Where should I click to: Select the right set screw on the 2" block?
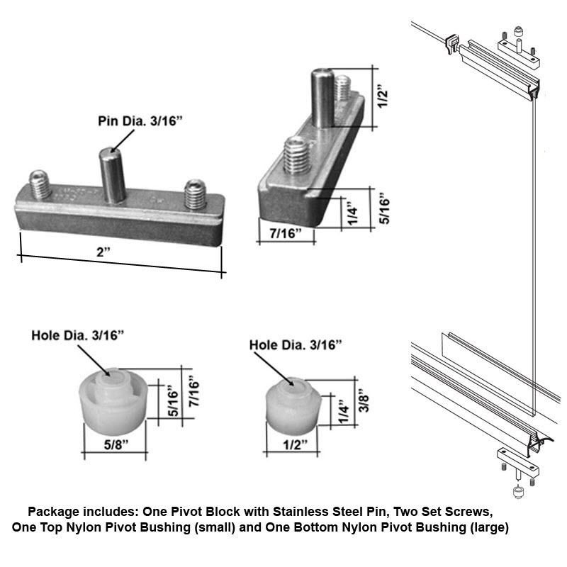pyautogui.click(x=194, y=192)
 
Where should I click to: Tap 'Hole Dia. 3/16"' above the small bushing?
pyautogui.click(x=296, y=344)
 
